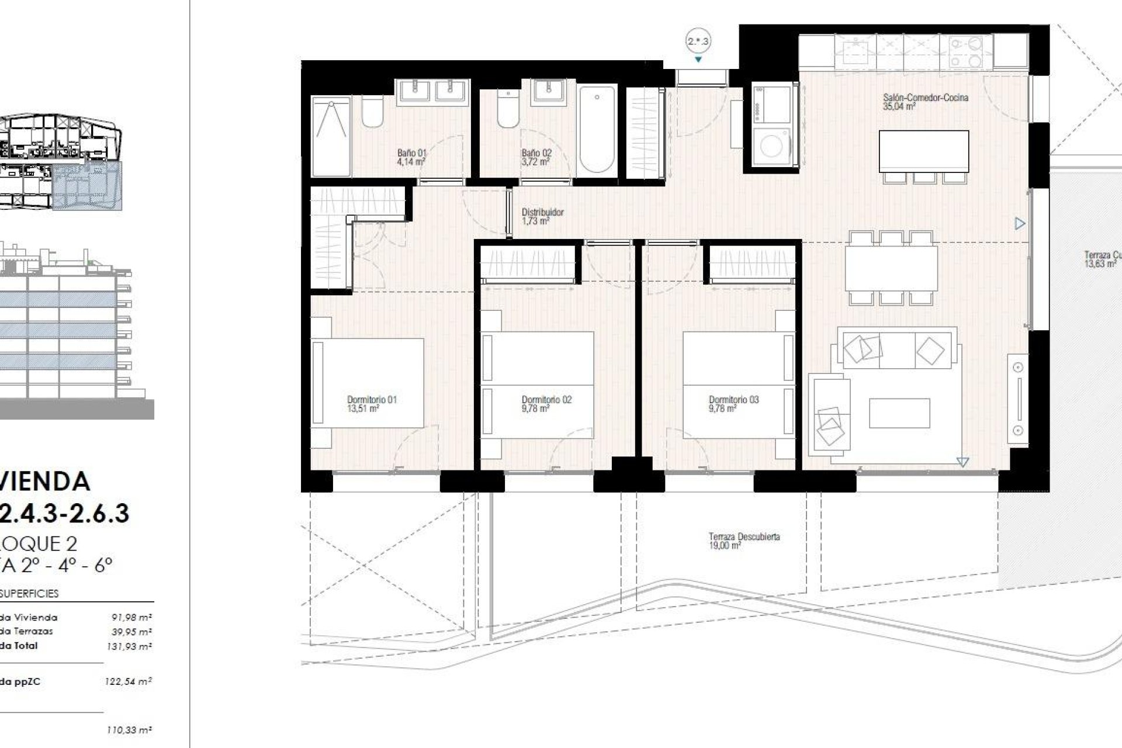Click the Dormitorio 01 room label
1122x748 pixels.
(x=372, y=400)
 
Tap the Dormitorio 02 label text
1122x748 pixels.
(x=546, y=400)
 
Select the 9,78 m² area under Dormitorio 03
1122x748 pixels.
(x=722, y=409)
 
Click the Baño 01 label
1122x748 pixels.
(x=411, y=153)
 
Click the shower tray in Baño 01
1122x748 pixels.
(x=331, y=136)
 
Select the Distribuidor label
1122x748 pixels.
(x=542, y=212)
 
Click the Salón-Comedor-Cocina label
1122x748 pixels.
(x=925, y=98)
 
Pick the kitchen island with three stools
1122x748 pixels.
(x=923, y=151)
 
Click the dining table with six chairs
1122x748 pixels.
(x=891, y=268)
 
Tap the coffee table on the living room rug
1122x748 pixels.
(x=899, y=413)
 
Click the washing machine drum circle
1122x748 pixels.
(x=771, y=147)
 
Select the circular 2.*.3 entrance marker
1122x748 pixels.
(x=698, y=41)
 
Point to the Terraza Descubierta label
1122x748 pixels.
(x=744, y=536)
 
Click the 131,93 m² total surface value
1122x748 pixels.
(x=131, y=646)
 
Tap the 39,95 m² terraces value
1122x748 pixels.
(x=131, y=632)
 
